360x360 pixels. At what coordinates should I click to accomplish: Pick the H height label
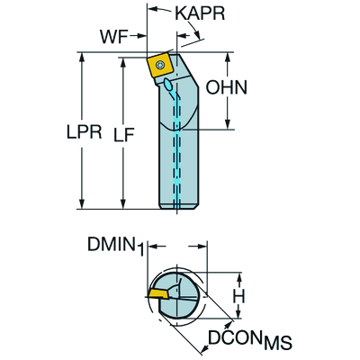[239, 295]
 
